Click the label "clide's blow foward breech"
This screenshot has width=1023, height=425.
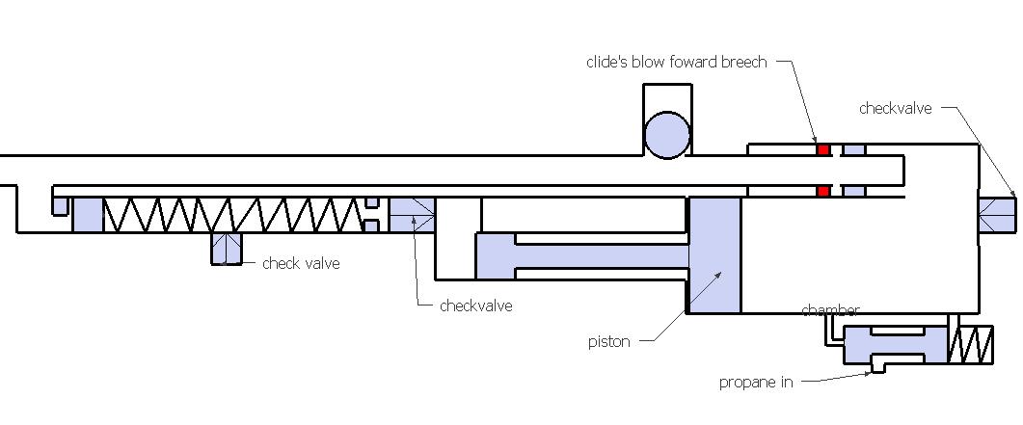coord(676,62)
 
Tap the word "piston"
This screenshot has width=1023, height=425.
coord(608,341)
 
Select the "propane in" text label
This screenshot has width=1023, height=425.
coord(756,382)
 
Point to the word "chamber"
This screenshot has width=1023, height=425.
coord(830,310)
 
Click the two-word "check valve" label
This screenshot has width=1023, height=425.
coord(301,263)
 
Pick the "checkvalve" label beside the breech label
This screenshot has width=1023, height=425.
coord(895,109)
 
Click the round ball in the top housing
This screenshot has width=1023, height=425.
coord(667,134)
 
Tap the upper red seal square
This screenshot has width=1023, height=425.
coord(823,150)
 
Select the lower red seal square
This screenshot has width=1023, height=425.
coord(823,191)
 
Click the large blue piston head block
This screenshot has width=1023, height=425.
coord(713,254)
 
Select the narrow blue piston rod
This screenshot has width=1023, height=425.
coord(598,255)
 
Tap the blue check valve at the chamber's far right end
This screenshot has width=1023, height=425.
coord(998,214)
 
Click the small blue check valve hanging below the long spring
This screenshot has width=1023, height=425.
coord(227,249)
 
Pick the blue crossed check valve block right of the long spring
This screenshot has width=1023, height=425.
coord(412,214)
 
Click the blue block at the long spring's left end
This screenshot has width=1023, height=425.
coord(87,214)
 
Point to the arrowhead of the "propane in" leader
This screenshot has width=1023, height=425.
coord(874,371)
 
